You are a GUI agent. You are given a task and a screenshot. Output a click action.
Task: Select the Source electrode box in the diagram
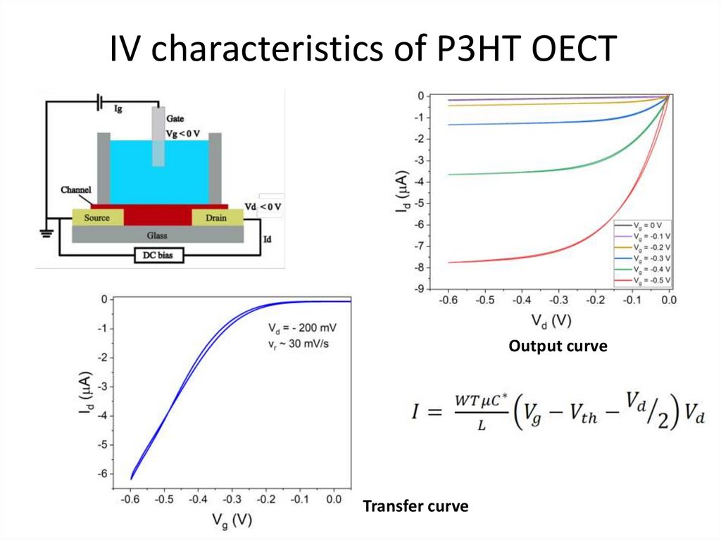click(96, 218)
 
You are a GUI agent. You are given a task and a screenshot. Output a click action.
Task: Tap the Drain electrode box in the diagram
click(216, 218)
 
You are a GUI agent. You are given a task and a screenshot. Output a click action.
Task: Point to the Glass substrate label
click(157, 235)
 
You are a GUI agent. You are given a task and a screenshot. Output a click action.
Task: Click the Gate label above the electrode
click(175, 119)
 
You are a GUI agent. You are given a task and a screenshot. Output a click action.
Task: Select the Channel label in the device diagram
click(75, 190)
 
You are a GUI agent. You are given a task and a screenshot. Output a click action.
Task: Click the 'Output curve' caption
click(558, 346)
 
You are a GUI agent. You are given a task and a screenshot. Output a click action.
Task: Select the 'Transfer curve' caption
click(415, 506)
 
